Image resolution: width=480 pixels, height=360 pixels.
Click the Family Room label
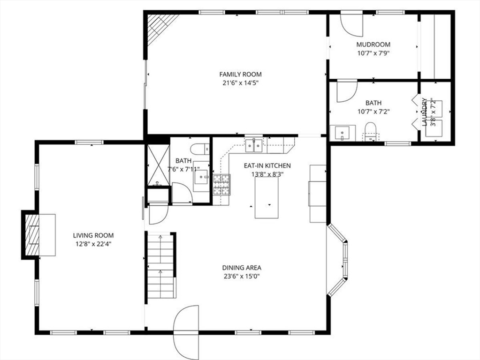240,75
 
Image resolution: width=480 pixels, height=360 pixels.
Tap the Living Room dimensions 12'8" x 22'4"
93,244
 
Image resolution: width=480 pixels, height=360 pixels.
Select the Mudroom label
373,45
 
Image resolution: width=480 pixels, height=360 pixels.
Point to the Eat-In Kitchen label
267,166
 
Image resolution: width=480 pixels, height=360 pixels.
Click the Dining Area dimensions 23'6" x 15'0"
242,277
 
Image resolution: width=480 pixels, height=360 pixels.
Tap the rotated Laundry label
424,112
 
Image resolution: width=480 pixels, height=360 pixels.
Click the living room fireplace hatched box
32,235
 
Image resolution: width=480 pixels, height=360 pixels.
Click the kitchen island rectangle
267,198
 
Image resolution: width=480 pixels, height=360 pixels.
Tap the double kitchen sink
254,145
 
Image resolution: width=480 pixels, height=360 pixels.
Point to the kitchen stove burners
221,184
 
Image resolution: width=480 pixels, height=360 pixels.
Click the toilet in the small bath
200,149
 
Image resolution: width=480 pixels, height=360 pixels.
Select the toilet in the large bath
370,132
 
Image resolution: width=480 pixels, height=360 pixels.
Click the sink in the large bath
343,133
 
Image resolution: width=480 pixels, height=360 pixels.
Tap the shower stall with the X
158,165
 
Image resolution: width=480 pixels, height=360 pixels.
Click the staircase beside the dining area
161,265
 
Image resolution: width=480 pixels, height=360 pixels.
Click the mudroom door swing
352,24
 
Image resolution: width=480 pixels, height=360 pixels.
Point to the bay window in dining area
338,260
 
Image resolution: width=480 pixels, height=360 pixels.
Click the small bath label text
183,161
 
